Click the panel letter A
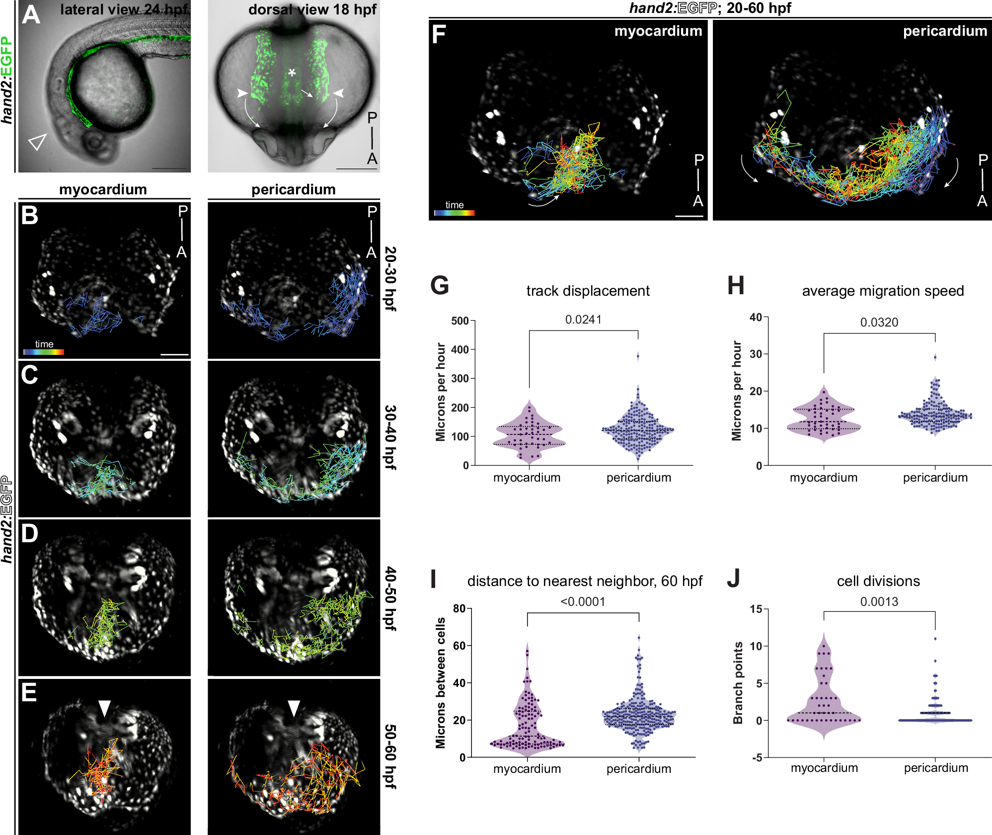point(31,15)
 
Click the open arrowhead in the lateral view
point(37,142)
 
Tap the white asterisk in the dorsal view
point(292,73)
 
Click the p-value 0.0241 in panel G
point(583,320)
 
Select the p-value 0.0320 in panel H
point(879,323)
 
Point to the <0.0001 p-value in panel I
point(583,602)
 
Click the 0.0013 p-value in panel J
point(879,602)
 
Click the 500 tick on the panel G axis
point(460,321)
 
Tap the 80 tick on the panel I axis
point(459,608)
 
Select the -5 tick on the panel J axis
point(757,758)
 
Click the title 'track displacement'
point(588,291)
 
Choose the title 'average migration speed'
point(883,291)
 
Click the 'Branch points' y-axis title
point(738,683)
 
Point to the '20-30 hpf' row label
point(390,279)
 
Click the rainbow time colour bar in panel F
point(455,213)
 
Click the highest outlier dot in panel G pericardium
point(638,356)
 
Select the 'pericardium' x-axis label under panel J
point(936,768)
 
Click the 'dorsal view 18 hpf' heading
point(312,9)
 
